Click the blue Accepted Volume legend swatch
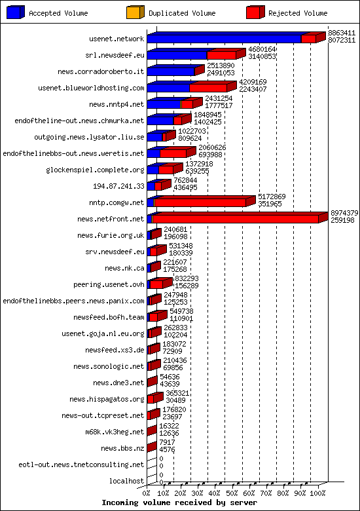(16, 12)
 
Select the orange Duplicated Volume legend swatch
(135, 12)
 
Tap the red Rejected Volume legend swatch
(255, 12)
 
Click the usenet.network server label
(117, 39)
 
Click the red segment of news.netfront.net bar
(234, 219)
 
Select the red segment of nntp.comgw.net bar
(200, 202)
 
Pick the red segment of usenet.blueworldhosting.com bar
(208, 88)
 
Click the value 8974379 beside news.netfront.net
(344, 212)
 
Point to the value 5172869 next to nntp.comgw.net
(271, 196)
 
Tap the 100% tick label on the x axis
(319, 492)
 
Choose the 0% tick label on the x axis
(148, 492)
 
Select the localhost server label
(127, 481)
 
